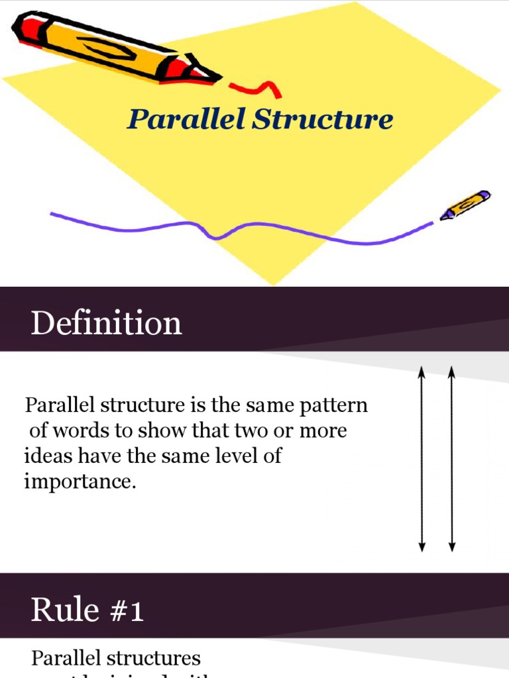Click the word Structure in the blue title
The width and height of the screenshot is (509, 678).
[x=323, y=120]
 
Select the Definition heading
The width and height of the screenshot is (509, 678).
[x=106, y=324]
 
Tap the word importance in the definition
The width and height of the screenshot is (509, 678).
[x=80, y=481]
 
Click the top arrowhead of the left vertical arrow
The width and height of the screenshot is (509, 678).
[x=422, y=372]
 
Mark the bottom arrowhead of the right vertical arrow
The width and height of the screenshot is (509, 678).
[x=452, y=547]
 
